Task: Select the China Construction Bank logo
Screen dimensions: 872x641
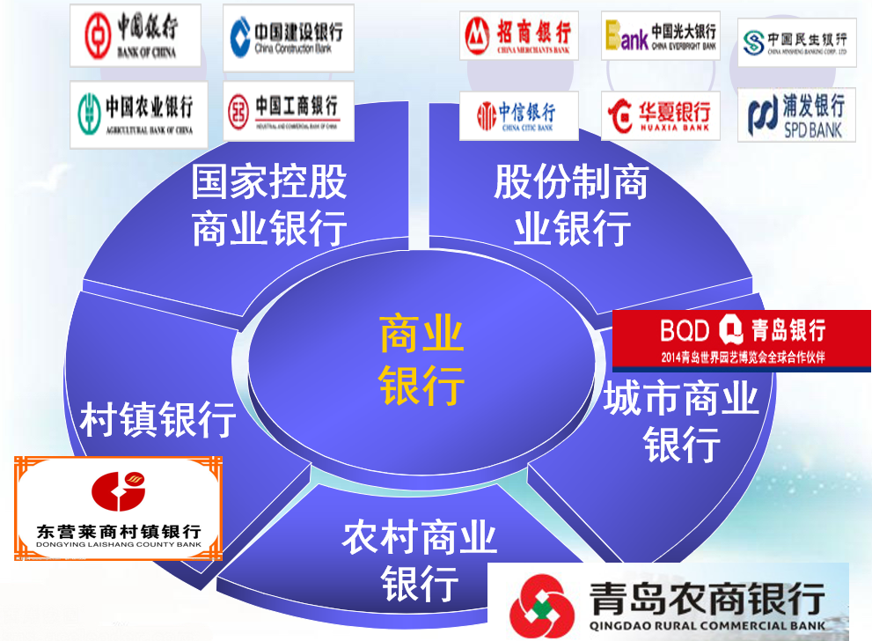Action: click(x=288, y=37)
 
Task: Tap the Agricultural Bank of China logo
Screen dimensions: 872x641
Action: click(x=137, y=114)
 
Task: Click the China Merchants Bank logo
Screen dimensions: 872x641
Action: click(x=519, y=36)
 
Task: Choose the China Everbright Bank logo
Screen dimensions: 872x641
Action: click(x=660, y=36)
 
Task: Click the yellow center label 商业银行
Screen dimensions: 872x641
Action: click(x=421, y=359)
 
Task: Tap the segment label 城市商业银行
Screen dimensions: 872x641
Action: click(x=681, y=422)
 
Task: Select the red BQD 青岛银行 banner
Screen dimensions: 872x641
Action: click(x=742, y=338)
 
